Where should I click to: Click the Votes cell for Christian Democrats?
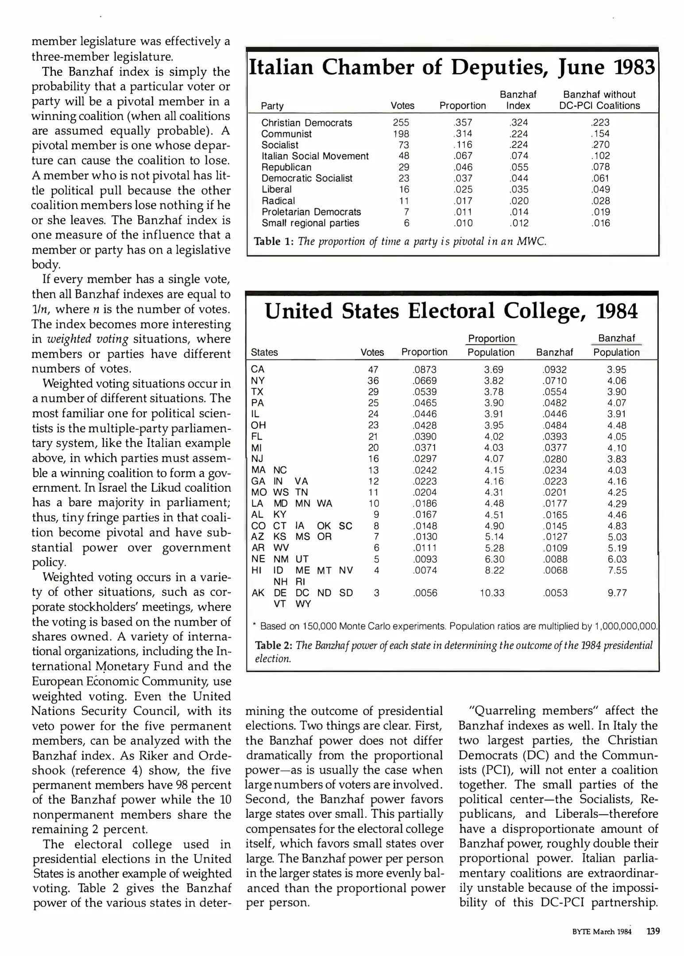pos(401,123)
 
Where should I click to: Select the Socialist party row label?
pos(280,145)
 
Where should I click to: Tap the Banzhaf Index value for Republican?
pos(518,167)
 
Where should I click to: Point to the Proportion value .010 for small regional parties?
pos(463,223)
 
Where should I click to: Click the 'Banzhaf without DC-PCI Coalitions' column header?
pos(599,100)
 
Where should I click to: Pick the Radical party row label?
pos(278,201)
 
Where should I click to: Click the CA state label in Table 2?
pos(258,370)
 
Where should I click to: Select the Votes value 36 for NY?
pos(373,381)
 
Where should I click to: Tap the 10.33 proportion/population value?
pos(492,593)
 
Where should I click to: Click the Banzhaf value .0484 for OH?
pos(555,425)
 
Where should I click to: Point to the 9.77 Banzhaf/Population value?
pos(617,593)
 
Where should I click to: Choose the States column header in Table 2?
pos(264,352)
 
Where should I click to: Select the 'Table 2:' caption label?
pos(274,645)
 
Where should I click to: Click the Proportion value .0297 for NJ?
pos(425,459)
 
